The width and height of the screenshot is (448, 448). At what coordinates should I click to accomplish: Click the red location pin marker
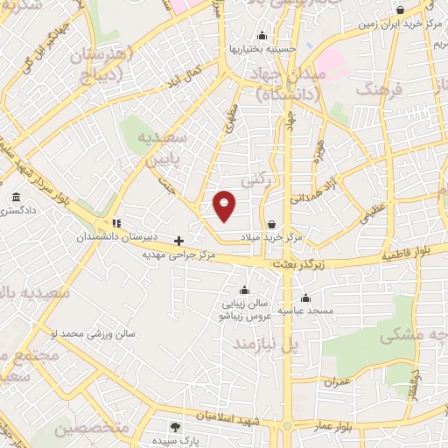(225, 206)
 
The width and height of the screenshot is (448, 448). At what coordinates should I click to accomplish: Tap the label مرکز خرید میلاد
(271, 237)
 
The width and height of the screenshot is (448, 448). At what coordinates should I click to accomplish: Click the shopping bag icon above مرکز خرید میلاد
(272, 223)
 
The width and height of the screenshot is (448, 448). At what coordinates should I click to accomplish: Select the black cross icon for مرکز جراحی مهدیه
(179, 240)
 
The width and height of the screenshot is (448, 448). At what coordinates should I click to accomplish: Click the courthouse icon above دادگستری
(17, 199)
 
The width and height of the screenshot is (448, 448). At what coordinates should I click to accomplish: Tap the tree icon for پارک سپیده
(174, 427)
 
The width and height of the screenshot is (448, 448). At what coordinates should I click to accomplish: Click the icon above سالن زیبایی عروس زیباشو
(243, 290)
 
